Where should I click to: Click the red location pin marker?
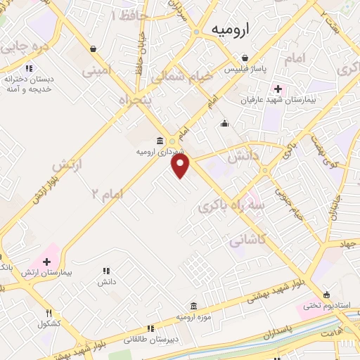pyautogui.click(x=181, y=165)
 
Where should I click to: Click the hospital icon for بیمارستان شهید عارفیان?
pyautogui.click(x=278, y=89)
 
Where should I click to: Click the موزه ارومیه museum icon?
pyautogui.click(x=193, y=306)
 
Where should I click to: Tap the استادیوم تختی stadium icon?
pyautogui.click(x=326, y=295)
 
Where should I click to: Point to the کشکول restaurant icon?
pyautogui.click(x=49, y=313)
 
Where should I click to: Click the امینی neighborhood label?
pyautogui.click(x=96, y=70)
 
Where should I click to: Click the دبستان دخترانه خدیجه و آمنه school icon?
pyautogui.click(x=29, y=69)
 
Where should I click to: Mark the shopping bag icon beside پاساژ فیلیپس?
pyautogui.click(x=244, y=58)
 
